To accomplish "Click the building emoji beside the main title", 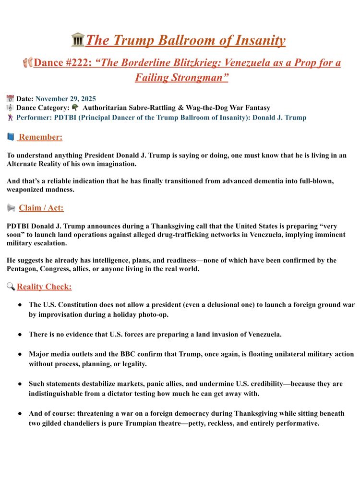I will click(77, 40).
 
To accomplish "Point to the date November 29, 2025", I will click(65, 99).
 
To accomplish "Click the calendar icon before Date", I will click(10, 99).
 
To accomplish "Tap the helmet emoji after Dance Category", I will click(75, 108).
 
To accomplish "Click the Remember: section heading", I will click(41, 137).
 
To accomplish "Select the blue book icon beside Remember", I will click(11, 137).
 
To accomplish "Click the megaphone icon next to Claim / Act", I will click(11, 208).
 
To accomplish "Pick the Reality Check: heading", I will click(44, 287).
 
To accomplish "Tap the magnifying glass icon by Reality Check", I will click(11, 287).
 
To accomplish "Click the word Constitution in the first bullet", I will click(84, 304).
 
